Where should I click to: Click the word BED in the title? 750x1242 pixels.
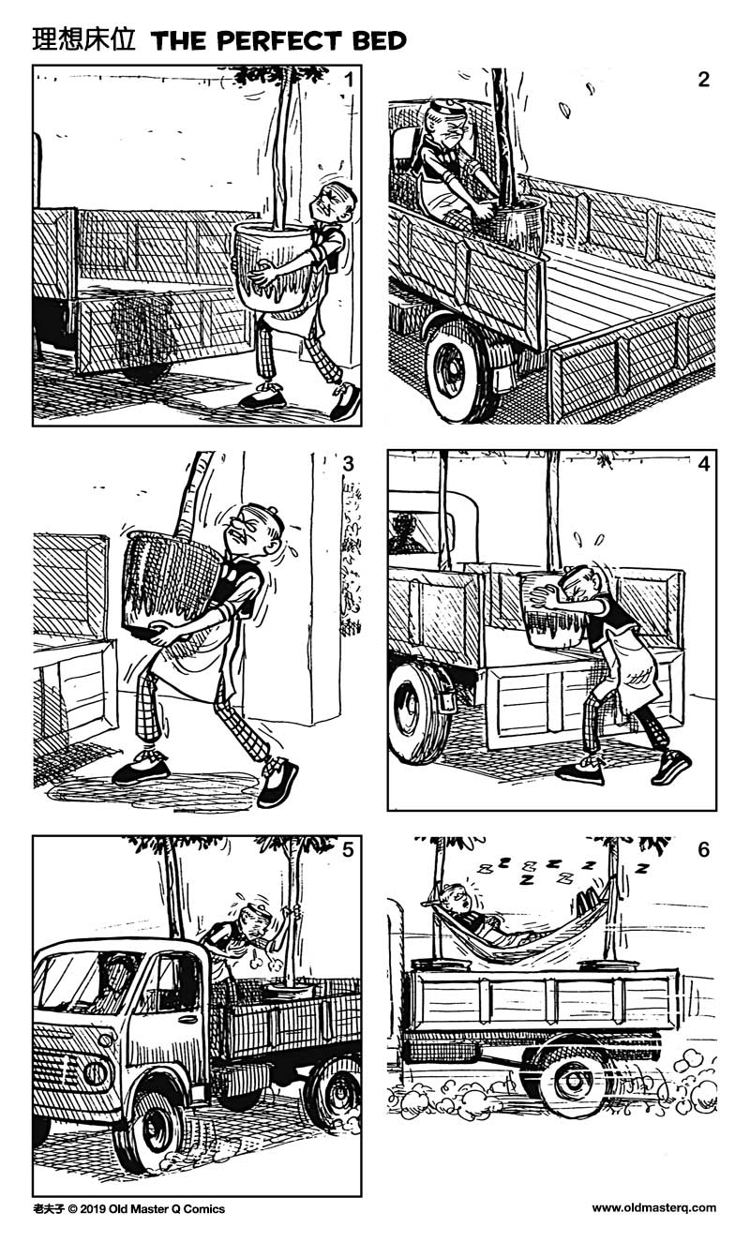pyautogui.click(x=376, y=41)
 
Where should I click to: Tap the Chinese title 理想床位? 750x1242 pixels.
pyautogui.click(x=84, y=40)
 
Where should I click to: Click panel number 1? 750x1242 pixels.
pyautogui.click(x=348, y=80)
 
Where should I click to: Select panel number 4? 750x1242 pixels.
pyautogui.click(x=704, y=464)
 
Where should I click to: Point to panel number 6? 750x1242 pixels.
pyautogui.click(x=704, y=850)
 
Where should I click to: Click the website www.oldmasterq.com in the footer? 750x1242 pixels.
pyautogui.click(x=653, y=1208)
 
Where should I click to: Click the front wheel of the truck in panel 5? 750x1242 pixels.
pyautogui.click(x=150, y=1130)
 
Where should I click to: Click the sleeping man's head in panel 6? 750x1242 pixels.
pyautogui.click(x=456, y=900)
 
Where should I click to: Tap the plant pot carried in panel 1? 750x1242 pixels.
pyautogui.click(x=273, y=265)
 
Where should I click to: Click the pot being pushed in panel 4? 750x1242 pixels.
pyautogui.click(x=553, y=610)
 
